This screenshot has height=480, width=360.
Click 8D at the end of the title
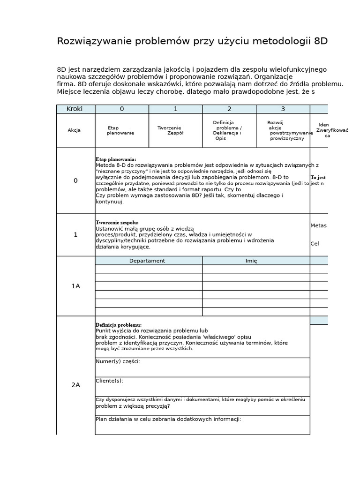tap(321, 41)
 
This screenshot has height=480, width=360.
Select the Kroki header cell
tap(75, 109)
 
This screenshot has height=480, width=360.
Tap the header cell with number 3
tap(283, 109)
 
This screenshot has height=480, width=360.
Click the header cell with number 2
tap(229, 109)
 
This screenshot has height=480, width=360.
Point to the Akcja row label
tap(74, 130)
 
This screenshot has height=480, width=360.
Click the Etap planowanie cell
tap(120, 130)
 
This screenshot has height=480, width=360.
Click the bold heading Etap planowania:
tap(116, 159)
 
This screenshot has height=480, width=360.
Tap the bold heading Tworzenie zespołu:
tap(117, 222)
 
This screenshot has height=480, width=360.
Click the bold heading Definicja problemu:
tap(119, 325)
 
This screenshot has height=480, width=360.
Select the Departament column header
tap(147, 261)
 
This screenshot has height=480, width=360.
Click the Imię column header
tap(251, 261)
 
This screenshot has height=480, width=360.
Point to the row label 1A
tap(75, 286)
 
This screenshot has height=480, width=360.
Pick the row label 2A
tap(75, 385)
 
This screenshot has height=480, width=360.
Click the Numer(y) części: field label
tap(118, 361)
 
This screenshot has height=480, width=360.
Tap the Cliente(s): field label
tap(109, 381)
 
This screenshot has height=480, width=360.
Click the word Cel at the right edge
tap(315, 244)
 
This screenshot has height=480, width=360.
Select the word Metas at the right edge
tap(318, 225)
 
